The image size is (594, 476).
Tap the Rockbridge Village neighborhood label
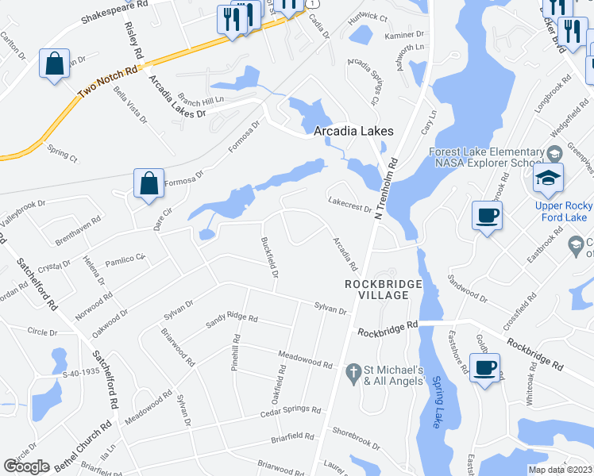click(x=376, y=290)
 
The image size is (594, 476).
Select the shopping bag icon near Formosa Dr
click(x=148, y=184)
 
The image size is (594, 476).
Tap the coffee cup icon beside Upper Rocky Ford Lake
click(x=487, y=215)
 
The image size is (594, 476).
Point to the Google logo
click(x=26, y=466)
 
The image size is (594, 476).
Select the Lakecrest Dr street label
click(x=349, y=205)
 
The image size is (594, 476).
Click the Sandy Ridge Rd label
click(x=232, y=319)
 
